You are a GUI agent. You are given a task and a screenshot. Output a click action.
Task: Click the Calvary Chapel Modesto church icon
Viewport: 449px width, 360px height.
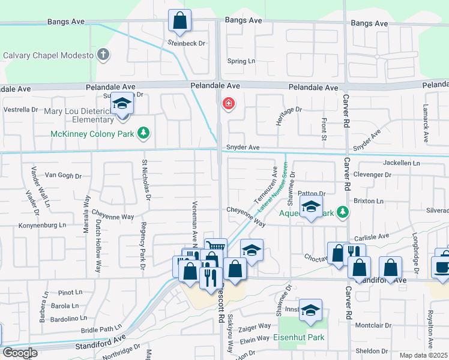coord(103,55)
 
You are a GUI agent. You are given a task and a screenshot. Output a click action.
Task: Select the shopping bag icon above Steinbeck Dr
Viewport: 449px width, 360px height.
coord(179,22)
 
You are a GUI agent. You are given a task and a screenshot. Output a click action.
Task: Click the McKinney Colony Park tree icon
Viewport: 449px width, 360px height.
coord(143,133)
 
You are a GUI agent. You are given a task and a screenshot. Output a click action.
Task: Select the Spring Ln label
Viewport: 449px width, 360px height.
coord(241,61)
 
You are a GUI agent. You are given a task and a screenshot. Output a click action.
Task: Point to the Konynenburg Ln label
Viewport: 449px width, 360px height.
coord(41,225)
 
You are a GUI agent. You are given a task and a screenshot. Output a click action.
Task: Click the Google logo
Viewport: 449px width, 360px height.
coord(20,353)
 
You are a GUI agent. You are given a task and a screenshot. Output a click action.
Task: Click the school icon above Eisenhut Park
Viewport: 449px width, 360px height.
coord(311,310)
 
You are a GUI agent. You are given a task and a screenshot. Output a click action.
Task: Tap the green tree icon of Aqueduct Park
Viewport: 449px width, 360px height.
coord(342,212)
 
